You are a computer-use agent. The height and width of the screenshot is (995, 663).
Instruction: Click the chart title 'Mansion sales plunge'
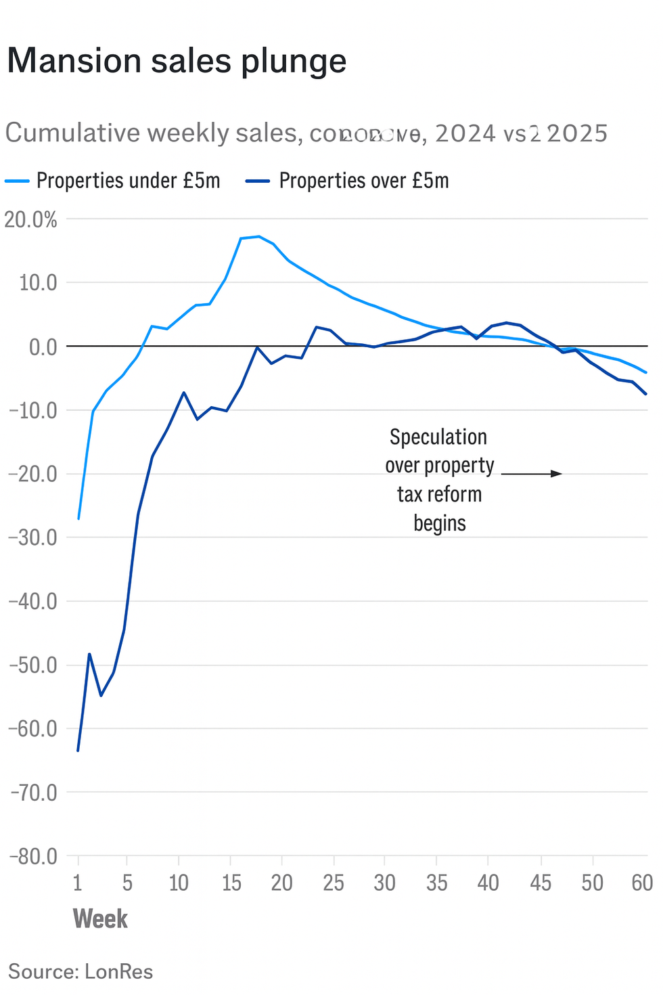[177, 62]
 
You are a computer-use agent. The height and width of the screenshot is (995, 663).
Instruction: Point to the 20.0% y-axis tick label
[31, 219]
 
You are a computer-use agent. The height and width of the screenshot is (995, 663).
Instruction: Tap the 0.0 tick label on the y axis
[42, 347]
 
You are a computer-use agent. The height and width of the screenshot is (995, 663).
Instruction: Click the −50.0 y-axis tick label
[32, 665]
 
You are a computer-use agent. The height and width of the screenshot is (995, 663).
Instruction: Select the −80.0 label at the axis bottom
[32, 857]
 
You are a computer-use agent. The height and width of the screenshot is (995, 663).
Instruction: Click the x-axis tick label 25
[334, 883]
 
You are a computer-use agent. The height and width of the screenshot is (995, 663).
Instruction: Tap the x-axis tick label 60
[641, 883]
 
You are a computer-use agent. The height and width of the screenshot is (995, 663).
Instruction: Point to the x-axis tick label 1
[78, 883]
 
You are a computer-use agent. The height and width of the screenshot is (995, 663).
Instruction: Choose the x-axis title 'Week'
[100, 919]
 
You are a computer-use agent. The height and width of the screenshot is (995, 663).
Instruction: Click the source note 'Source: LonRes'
[81, 972]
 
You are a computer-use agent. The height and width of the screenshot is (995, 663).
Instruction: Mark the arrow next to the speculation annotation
[531, 474]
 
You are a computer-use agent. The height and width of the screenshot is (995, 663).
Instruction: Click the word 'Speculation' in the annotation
[438, 437]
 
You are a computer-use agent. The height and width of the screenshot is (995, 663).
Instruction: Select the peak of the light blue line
[259, 236]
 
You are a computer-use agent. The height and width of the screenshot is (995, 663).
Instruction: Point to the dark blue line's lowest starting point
[78, 751]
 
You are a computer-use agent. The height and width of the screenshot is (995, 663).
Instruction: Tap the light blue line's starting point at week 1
[78, 518]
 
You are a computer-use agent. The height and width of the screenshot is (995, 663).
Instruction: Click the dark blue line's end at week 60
[646, 394]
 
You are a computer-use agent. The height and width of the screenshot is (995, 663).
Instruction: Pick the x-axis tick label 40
[488, 883]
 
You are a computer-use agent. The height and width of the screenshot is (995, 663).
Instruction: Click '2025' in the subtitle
[577, 133]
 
